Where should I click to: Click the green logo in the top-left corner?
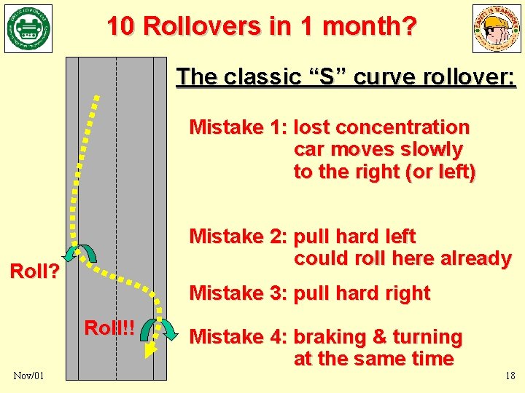(x=28, y=28)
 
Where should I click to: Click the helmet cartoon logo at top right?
(x=497, y=28)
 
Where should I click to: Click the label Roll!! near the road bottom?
(x=109, y=327)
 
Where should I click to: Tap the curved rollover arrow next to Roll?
(x=80, y=253)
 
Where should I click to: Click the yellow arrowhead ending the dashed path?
(x=149, y=351)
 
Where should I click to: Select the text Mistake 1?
(x=238, y=127)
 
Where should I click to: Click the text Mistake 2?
(x=238, y=237)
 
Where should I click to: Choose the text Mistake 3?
(x=238, y=293)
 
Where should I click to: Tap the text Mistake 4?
(x=238, y=337)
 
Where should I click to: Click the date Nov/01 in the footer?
(x=28, y=376)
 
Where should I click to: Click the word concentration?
(x=411, y=127)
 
